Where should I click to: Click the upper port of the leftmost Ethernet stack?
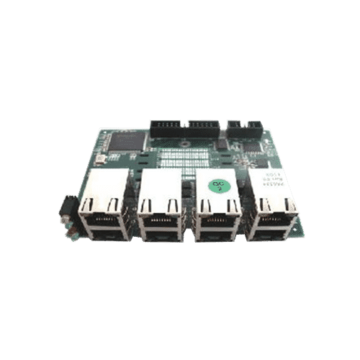coord(102,208)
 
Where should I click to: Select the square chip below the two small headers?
coord(253,148)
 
